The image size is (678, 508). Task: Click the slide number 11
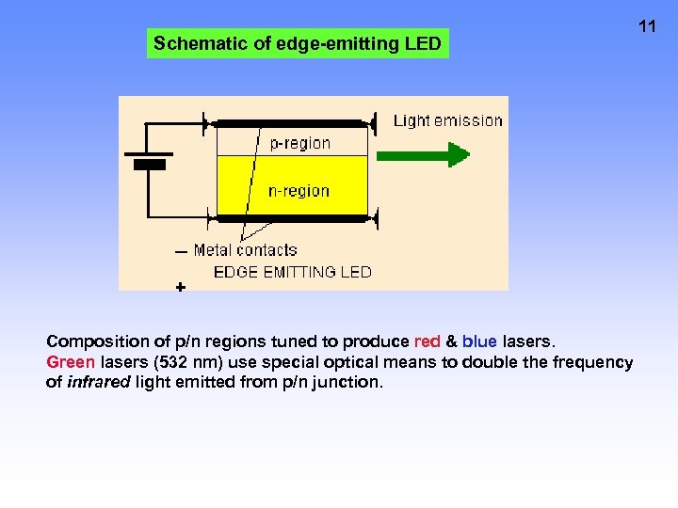coord(646,26)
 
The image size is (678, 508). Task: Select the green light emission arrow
coord(422,153)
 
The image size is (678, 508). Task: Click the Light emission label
coord(447,120)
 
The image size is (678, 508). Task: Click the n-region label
coord(299,191)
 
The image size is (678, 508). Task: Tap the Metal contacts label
coord(245,250)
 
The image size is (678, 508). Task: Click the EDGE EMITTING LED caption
coord(293,272)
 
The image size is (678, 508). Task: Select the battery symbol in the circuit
coord(149,160)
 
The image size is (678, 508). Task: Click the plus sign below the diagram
coord(180,286)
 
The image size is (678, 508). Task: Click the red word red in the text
coord(428,341)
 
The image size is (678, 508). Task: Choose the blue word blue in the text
coord(479,341)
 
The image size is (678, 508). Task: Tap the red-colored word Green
coord(71,362)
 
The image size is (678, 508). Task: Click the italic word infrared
coord(99,382)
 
